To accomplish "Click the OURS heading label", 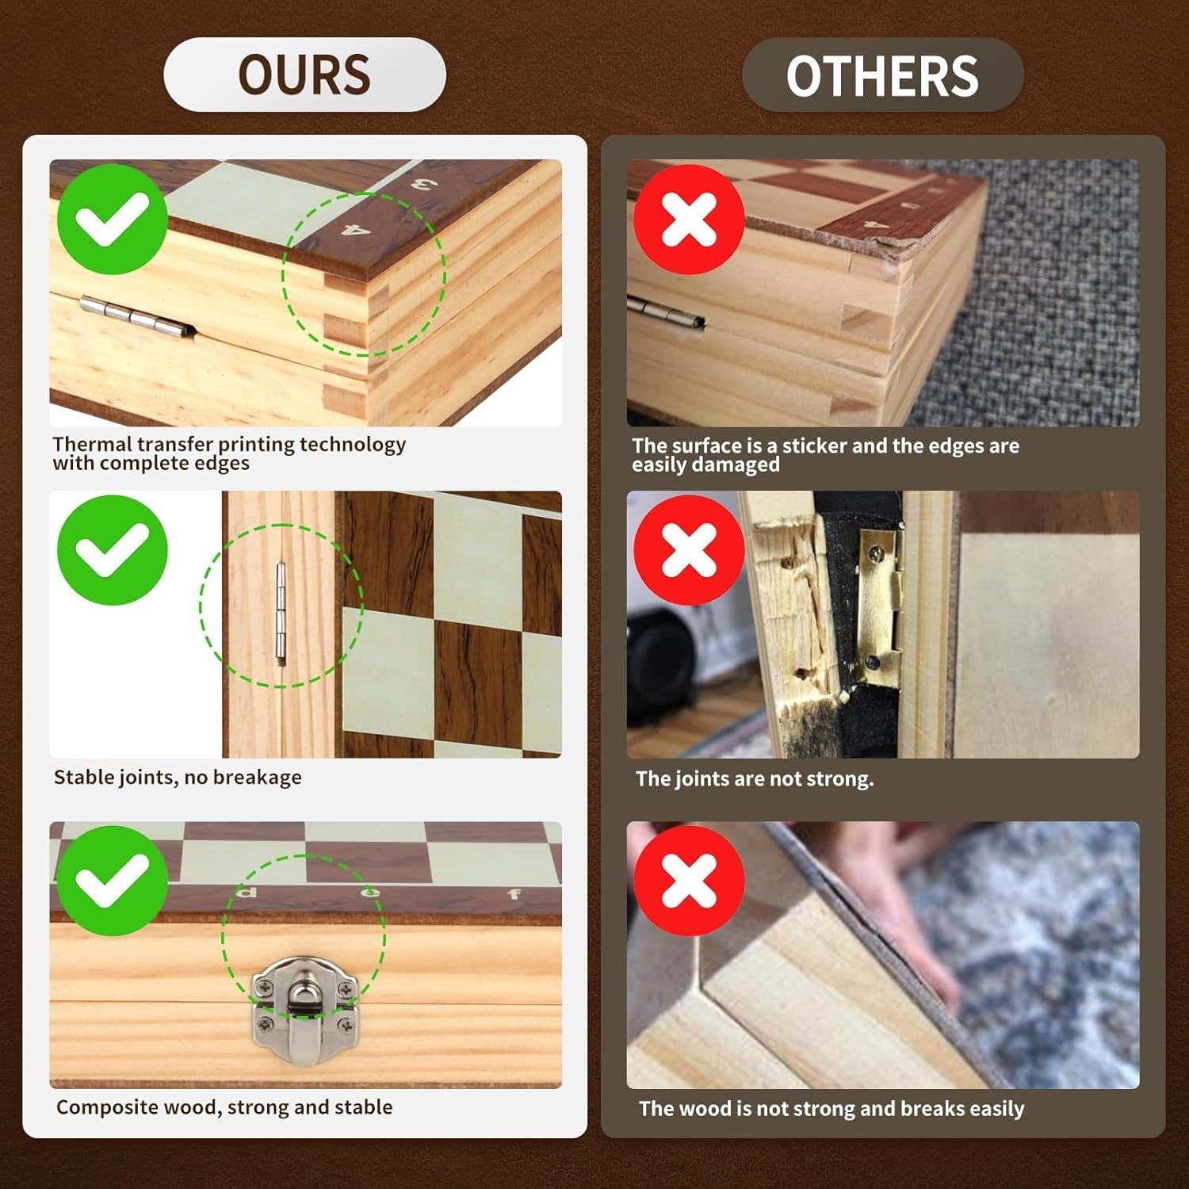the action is (304, 75).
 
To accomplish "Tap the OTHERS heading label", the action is (882, 75).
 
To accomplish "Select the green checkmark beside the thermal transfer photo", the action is (113, 220).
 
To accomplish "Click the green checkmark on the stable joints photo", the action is (113, 550).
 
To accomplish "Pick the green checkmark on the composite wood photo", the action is (113, 881).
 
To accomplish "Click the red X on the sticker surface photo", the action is (689, 220).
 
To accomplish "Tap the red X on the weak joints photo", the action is (689, 550).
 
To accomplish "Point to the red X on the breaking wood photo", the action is (689, 881).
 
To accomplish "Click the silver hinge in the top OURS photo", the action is (134, 316).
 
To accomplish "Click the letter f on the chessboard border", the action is (514, 894).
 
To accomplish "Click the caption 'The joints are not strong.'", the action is (755, 778).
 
